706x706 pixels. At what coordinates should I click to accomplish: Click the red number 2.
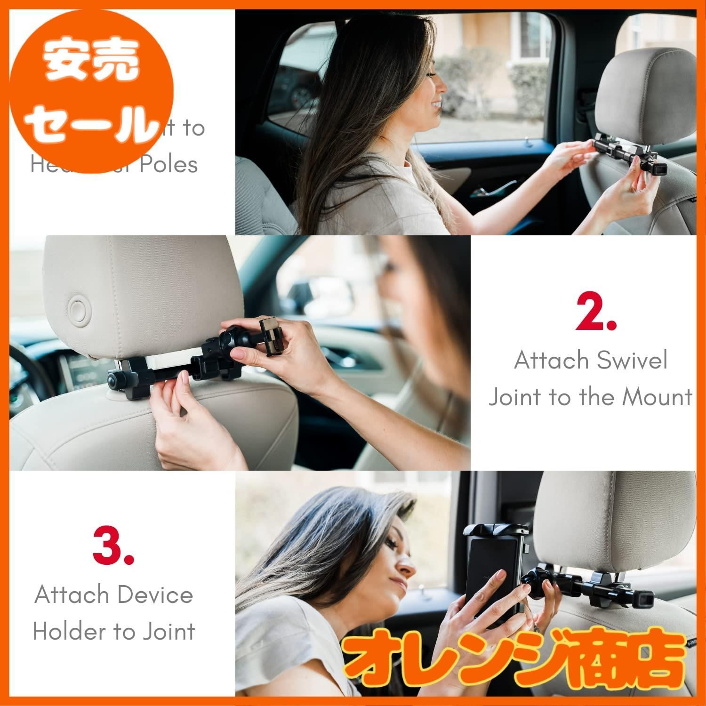(595, 312)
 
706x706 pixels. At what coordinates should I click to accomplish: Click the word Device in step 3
(153, 595)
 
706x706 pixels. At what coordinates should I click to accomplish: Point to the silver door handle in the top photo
(485, 192)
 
